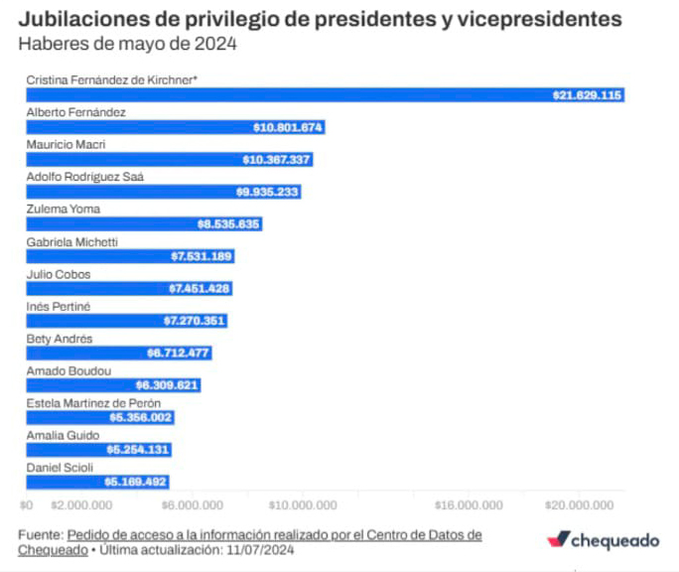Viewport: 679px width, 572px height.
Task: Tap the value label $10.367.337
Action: (277, 160)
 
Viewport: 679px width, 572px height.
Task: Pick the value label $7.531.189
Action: (202, 256)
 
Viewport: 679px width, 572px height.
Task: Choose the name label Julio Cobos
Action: (54, 273)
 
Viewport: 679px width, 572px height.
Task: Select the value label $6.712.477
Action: (179, 353)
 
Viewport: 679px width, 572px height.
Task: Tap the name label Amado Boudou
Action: (62, 370)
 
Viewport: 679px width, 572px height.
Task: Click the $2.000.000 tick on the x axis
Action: (80, 503)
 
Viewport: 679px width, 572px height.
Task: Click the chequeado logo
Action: (603, 540)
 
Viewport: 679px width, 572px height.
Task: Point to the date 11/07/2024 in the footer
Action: (261, 549)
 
